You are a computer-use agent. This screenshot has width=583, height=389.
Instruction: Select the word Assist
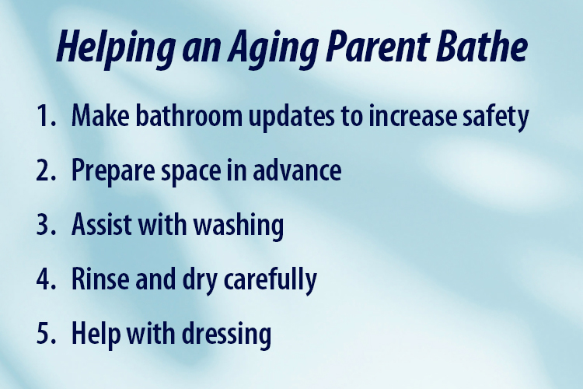pyautogui.click(x=101, y=226)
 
